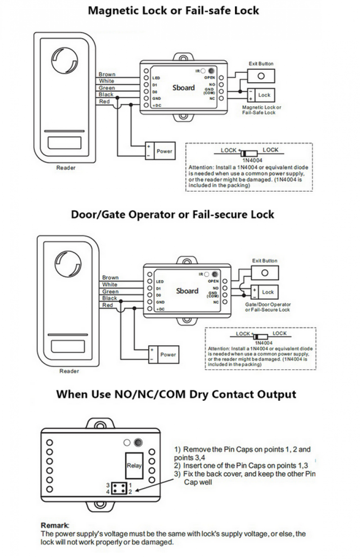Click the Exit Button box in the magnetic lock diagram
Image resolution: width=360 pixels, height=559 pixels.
pyautogui.click(x=261, y=76)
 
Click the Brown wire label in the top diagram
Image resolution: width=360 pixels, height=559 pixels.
pyautogui.click(x=107, y=75)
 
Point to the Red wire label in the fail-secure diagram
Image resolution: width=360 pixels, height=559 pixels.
pyautogui.click(x=108, y=305)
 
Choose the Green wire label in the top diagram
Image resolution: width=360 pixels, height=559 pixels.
pyautogui.click(x=107, y=88)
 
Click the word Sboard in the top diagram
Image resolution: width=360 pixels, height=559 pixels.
pyautogui.click(x=184, y=88)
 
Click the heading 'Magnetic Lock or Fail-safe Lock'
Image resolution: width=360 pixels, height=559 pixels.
pyautogui.click(x=173, y=10)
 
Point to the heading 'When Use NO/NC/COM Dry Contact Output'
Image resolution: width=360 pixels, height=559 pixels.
pyautogui.click(x=176, y=394)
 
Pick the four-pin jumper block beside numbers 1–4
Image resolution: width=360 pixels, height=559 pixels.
pyautogui.click(x=119, y=488)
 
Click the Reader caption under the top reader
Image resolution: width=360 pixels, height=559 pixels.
pyautogui.click(x=66, y=168)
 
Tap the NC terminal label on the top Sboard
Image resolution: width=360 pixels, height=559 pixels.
pyautogui.click(x=212, y=98)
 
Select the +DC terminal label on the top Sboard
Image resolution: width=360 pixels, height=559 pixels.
pyautogui.click(x=157, y=105)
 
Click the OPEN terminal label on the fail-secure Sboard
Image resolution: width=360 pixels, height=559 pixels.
pyautogui.click(x=214, y=281)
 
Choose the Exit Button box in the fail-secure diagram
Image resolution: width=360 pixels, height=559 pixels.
pyautogui.click(x=265, y=273)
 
